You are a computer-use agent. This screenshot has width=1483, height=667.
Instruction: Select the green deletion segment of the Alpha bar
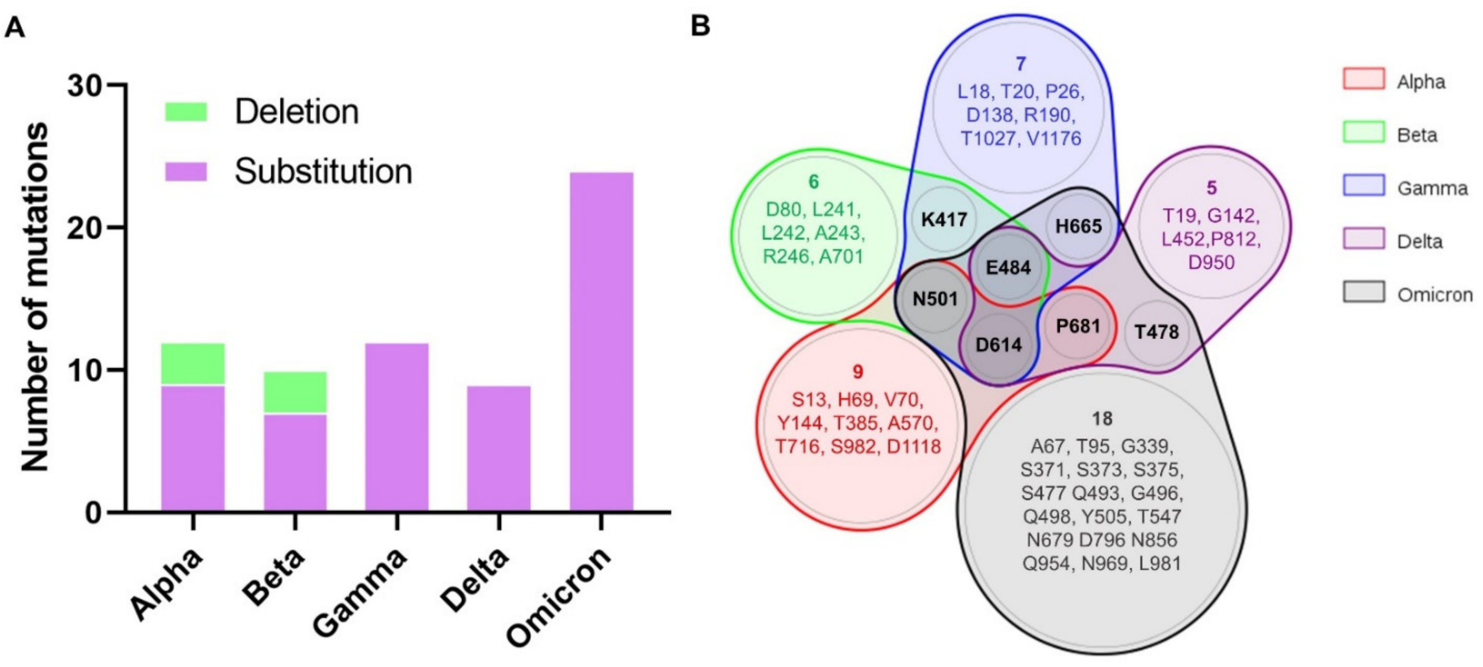tap(193, 364)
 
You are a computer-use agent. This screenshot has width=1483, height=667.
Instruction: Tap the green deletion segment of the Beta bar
tap(295, 392)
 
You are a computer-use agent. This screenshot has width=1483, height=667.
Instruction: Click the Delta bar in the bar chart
tap(498, 448)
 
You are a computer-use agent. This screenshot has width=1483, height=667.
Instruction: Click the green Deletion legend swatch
tap(186, 111)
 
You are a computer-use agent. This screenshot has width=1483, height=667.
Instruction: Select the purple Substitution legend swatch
tap(186, 172)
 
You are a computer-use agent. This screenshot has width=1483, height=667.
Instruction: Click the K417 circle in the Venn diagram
tap(944, 219)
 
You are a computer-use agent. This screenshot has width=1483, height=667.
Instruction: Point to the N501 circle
tap(935, 299)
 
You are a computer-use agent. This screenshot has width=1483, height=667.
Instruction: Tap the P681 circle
tap(1078, 326)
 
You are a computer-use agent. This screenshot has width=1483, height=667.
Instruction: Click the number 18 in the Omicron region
tap(1102, 418)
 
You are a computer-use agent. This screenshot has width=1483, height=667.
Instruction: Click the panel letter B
tap(700, 26)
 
